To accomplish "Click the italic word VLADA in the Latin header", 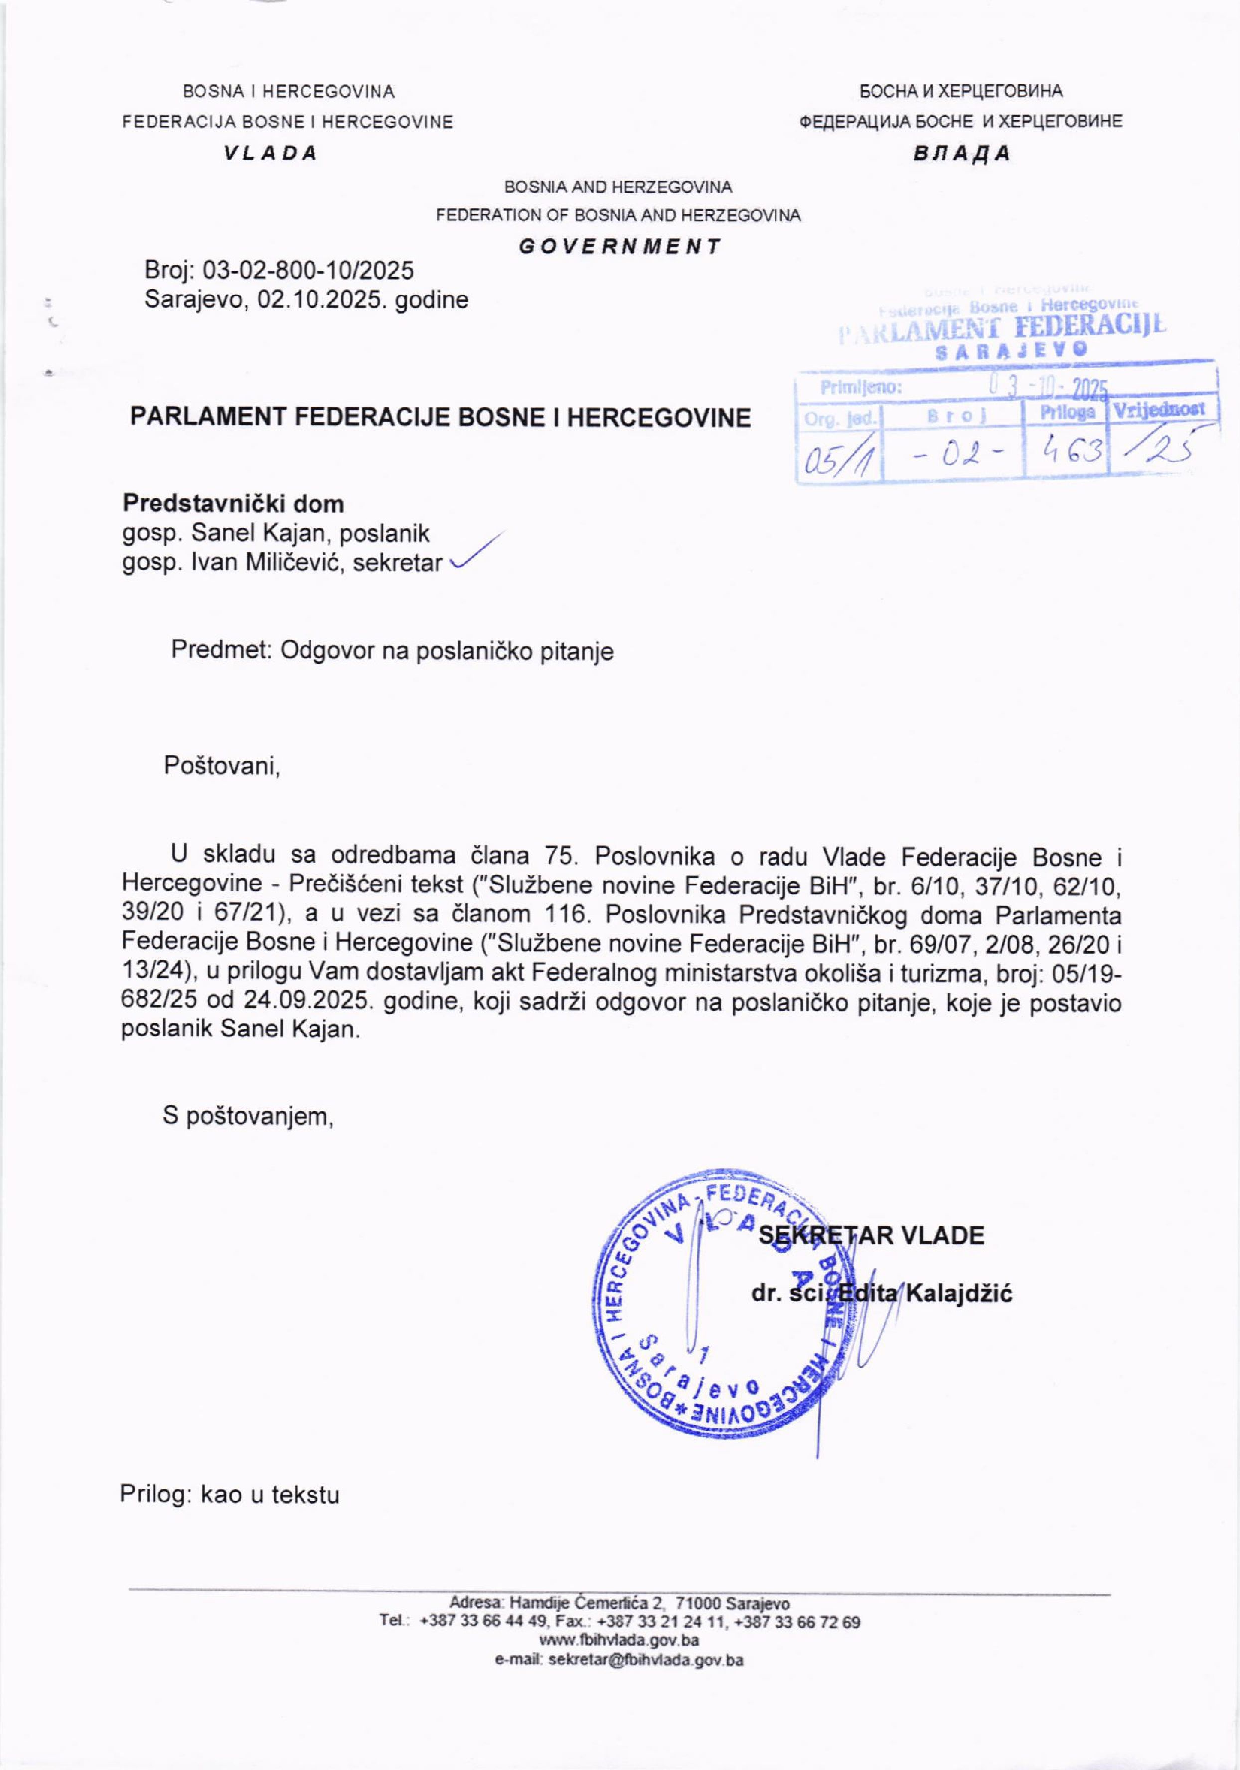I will pyautogui.click(x=271, y=152).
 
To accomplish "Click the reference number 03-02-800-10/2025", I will pyautogui.click(x=308, y=270).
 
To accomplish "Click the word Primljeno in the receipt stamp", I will pyautogui.click(x=861, y=387).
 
